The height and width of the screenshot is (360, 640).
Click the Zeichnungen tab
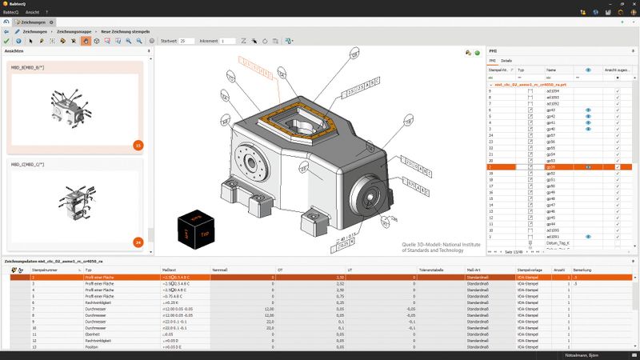coord(34,22)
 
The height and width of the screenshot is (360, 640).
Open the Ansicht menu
coord(32,13)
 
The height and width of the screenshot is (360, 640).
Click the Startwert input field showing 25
coord(186,40)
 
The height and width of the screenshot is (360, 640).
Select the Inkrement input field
coord(228,40)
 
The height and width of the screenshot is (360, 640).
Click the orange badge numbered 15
coord(138,146)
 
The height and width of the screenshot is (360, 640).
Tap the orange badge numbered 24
coord(138,242)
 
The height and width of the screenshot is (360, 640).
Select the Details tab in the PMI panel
coord(506,61)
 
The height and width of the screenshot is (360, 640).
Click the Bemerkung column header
coord(583,270)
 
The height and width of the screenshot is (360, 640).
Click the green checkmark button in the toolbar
coord(6,40)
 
